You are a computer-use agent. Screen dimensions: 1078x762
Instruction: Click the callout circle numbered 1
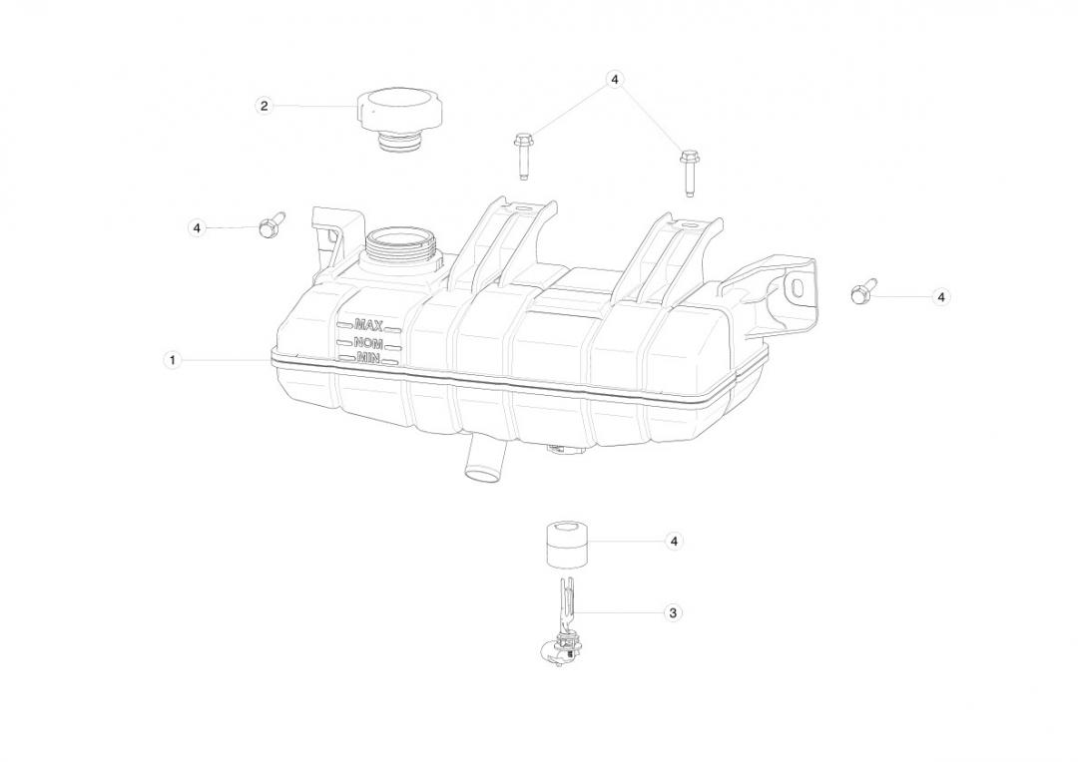click(x=173, y=359)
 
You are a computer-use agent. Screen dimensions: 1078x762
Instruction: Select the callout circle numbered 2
click(x=264, y=106)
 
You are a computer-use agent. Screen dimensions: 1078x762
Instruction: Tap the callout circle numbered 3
click(x=673, y=612)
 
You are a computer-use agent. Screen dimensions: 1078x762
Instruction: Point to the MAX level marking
click(x=368, y=325)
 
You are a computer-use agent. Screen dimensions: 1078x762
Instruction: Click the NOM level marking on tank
click(x=368, y=343)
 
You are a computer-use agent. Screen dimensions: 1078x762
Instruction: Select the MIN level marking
click(x=368, y=357)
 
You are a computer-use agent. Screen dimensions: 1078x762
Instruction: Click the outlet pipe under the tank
click(x=483, y=461)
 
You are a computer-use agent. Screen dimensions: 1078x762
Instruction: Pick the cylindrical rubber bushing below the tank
click(x=569, y=546)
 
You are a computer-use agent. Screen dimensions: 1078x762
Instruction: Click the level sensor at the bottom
click(x=561, y=624)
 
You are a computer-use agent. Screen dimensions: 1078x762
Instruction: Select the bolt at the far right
click(x=862, y=291)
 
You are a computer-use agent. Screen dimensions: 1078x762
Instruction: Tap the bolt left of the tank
click(x=269, y=224)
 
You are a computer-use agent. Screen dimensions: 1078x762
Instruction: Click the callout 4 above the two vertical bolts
click(x=615, y=80)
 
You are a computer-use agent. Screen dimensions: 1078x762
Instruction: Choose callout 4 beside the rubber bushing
click(x=674, y=542)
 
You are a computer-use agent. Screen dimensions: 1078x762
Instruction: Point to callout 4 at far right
click(x=941, y=297)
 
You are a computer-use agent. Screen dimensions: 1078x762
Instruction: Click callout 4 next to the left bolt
click(x=198, y=227)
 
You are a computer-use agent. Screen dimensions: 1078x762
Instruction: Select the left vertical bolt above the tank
click(x=522, y=157)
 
